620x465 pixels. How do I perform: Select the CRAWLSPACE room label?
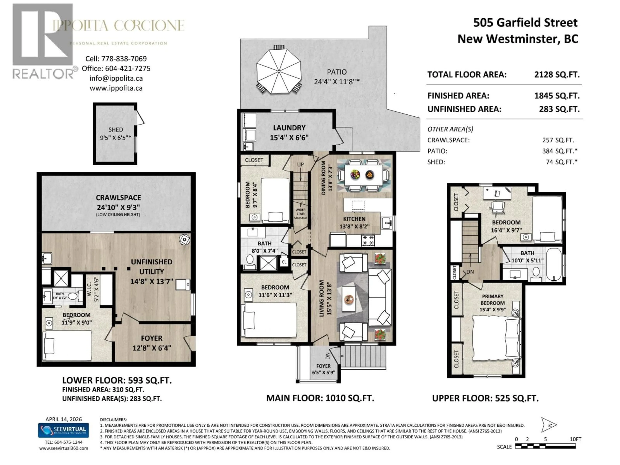[x=118, y=198]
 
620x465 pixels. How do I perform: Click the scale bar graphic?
[x=545, y=446]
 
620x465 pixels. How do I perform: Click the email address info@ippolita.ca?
[x=116, y=78]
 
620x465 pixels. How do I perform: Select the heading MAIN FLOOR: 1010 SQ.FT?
[x=320, y=398]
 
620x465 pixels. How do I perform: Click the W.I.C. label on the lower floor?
[x=97, y=289]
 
